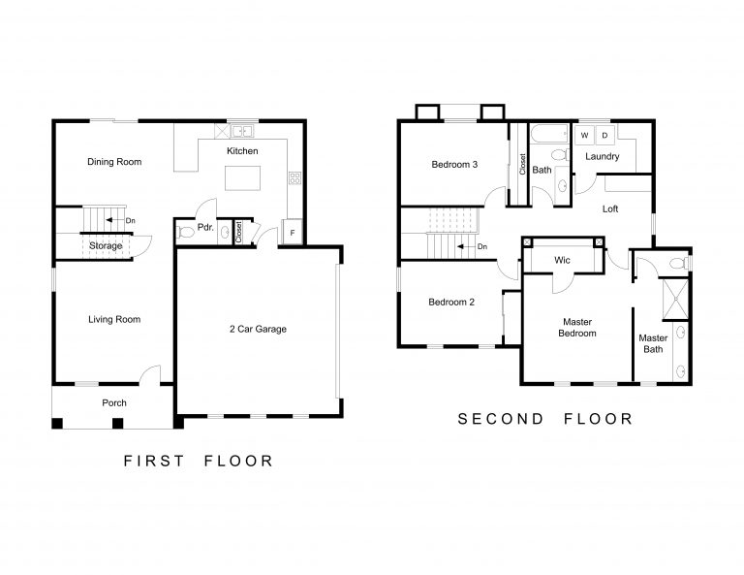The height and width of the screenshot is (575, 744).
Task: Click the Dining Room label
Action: click(114, 162)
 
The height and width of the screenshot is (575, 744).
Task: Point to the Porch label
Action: click(114, 402)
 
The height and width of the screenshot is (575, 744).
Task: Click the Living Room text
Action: click(114, 319)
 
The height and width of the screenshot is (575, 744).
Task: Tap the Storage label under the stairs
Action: click(106, 246)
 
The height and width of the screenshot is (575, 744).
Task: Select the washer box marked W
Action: click(584, 136)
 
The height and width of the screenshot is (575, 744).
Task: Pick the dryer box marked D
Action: click(604, 136)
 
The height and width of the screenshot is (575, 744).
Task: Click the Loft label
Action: click(610, 208)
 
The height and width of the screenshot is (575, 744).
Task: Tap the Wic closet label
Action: click(561, 261)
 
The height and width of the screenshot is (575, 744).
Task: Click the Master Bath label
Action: click(653, 343)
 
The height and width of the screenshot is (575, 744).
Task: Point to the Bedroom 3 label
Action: click(454, 164)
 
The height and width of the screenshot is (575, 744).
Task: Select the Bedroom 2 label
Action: click(451, 302)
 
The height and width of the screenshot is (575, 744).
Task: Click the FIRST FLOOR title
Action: click(199, 461)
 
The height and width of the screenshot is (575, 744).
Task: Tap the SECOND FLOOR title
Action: click(545, 419)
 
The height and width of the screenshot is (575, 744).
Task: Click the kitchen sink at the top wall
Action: click(239, 130)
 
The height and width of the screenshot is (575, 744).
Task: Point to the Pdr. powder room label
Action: click(204, 229)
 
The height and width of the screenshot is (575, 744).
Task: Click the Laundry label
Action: click(603, 156)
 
